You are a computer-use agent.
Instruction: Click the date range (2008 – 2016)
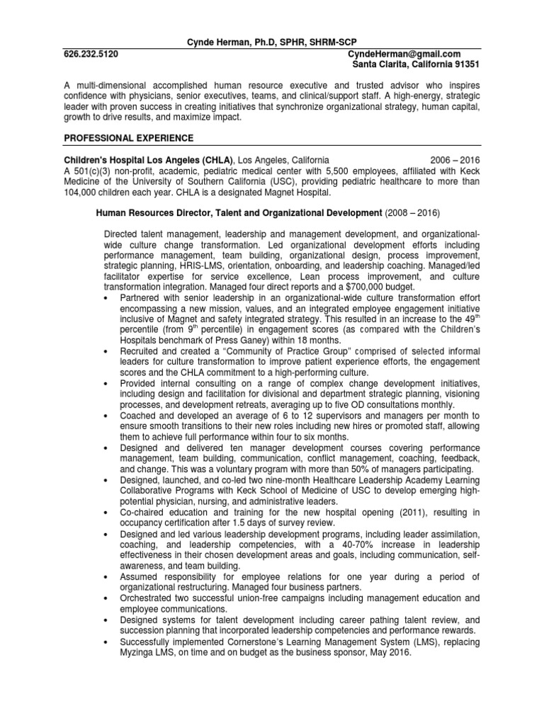point(415,212)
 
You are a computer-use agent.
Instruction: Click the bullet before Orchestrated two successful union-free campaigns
point(106,598)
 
